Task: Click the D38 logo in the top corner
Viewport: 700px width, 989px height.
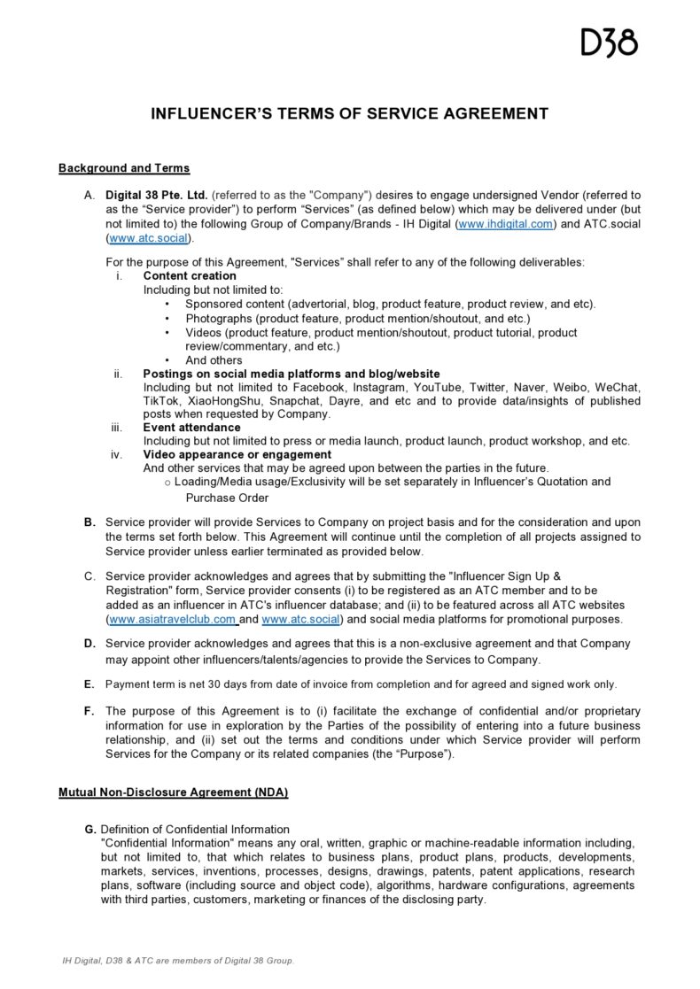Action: click(609, 42)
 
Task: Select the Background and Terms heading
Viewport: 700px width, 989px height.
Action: click(124, 167)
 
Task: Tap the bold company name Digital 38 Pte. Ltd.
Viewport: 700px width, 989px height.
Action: click(156, 194)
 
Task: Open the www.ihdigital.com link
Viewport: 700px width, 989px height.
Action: click(506, 225)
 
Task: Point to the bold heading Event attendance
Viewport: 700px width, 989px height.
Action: click(191, 427)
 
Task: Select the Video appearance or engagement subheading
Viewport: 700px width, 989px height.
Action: click(231, 454)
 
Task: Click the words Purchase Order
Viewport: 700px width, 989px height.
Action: click(227, 498)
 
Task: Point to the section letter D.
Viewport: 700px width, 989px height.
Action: click(89, 643)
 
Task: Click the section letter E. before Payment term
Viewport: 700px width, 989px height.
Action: click(89, 684)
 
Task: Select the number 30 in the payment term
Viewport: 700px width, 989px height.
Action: click(205, 684)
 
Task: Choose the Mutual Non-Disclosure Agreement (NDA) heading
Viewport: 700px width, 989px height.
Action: click(173, 792)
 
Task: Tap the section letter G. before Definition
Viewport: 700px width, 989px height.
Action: click(90, 829)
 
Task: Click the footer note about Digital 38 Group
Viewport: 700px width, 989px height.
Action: click(177, 960)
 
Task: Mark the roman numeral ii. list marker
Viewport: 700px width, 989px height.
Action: click(118, 374)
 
